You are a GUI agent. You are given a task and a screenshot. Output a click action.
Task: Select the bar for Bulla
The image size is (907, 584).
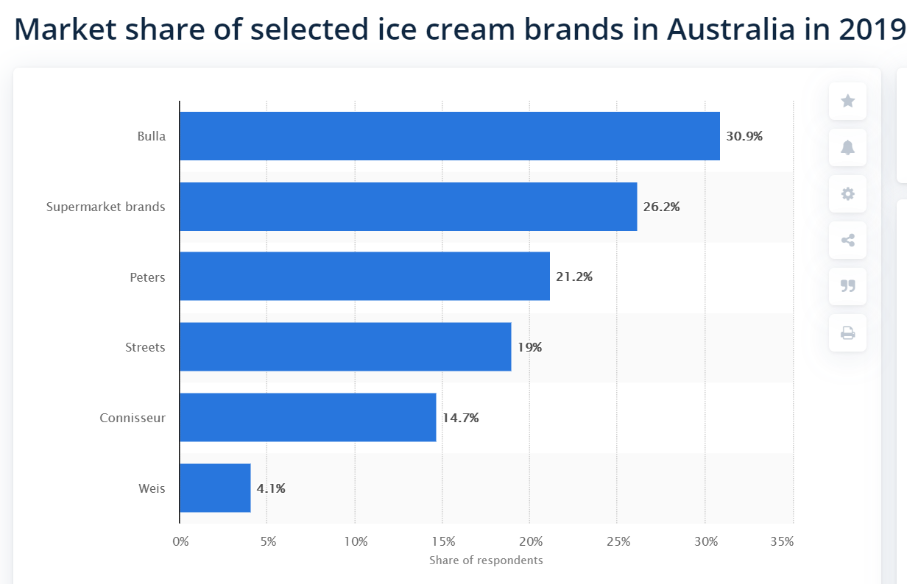coord(449,136)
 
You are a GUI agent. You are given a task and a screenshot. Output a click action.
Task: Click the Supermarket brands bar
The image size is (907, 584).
coord(408,207)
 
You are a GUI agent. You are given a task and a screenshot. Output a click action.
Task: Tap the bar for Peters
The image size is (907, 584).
coord(364,277)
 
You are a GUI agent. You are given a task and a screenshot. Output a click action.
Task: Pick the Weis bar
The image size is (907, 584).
coord(215,488)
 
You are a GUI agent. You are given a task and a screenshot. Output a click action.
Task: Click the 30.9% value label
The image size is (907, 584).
coord(744,136)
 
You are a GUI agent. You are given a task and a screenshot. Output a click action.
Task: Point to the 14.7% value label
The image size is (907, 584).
coord(460,418)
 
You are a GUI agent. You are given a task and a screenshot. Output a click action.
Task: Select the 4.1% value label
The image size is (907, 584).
coord(271,488)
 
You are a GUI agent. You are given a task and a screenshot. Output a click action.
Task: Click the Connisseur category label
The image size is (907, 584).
coord(133,418)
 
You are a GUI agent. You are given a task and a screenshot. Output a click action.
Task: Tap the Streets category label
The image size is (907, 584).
coord(145,347)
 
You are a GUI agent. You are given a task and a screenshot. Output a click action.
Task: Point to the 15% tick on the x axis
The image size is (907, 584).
coord(443,542)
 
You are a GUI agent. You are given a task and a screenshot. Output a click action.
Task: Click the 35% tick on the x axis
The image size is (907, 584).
coord(782,542)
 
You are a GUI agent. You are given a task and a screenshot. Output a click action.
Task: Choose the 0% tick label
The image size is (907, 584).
coord(180,542)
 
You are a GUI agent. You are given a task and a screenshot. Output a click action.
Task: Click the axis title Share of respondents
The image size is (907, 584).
coord(486,560)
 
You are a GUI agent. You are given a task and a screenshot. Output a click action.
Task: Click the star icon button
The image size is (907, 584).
coord(847,102)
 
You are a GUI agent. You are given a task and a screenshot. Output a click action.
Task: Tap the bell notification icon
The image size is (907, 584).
coord(847,148)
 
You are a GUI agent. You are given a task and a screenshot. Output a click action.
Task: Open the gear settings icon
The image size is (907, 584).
coord(847,194)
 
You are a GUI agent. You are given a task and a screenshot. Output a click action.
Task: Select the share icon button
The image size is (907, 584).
coord(847,240)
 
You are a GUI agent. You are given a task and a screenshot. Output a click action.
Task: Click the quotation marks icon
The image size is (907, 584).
coord(847,286)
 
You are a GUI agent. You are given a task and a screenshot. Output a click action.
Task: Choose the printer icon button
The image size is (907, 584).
coord(847,332)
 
